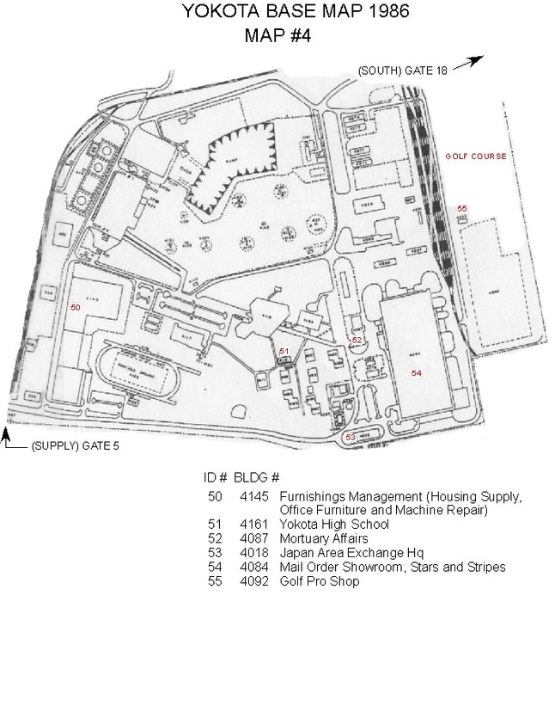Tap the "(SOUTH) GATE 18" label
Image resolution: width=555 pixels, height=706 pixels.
point(403,70)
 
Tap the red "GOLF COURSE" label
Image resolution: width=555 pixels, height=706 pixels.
point(475,157)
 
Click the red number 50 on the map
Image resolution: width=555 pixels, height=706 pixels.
point(75,307)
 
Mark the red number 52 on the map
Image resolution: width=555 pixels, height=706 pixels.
point(357,341)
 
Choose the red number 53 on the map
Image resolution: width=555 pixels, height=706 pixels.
point(350,438)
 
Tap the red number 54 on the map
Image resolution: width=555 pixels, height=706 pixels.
point(417,372)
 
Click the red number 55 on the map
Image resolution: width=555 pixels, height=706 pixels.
point(462,209)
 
